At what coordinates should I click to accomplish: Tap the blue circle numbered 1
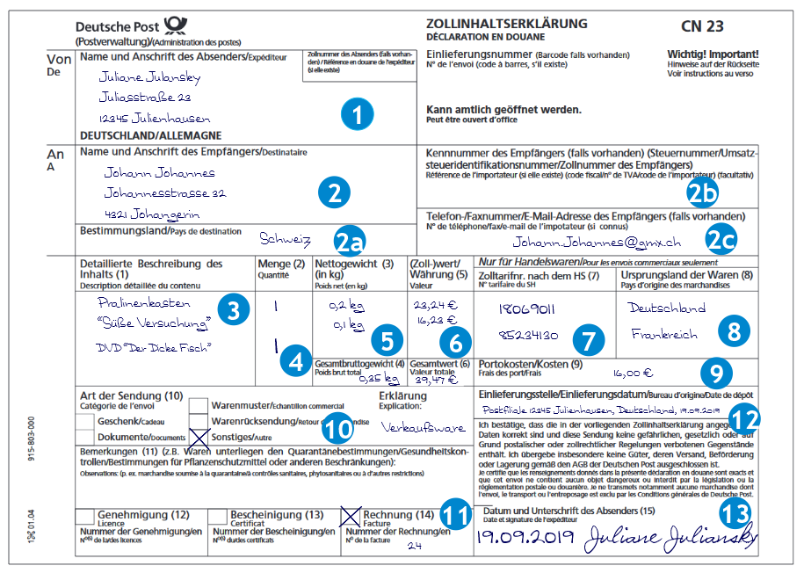pos(357,113)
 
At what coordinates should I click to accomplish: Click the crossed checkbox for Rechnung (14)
pos(351,516)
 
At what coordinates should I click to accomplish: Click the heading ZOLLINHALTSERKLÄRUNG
pos(494,24)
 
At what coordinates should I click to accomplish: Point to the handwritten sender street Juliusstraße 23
pos(146,98)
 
